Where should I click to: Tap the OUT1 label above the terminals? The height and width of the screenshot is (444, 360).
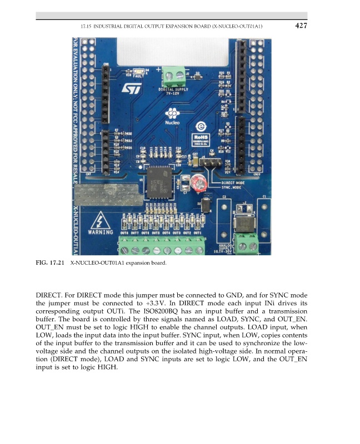204,233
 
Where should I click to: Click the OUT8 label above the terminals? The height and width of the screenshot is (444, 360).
124,233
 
